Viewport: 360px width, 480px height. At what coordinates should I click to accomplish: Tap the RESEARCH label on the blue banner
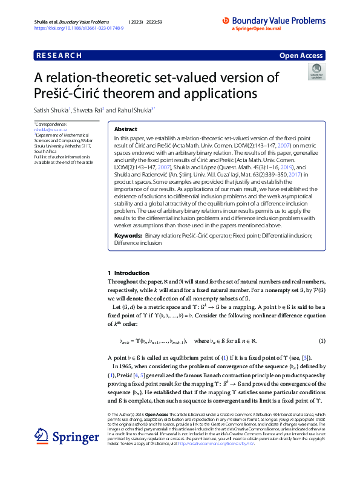(x=59, y=56)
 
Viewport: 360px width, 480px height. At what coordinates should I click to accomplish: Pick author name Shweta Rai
(x=89, y=111)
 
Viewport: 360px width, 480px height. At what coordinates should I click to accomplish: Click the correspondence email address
(x=49, y=129)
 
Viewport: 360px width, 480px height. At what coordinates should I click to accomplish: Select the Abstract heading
(x=126, y=129)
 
